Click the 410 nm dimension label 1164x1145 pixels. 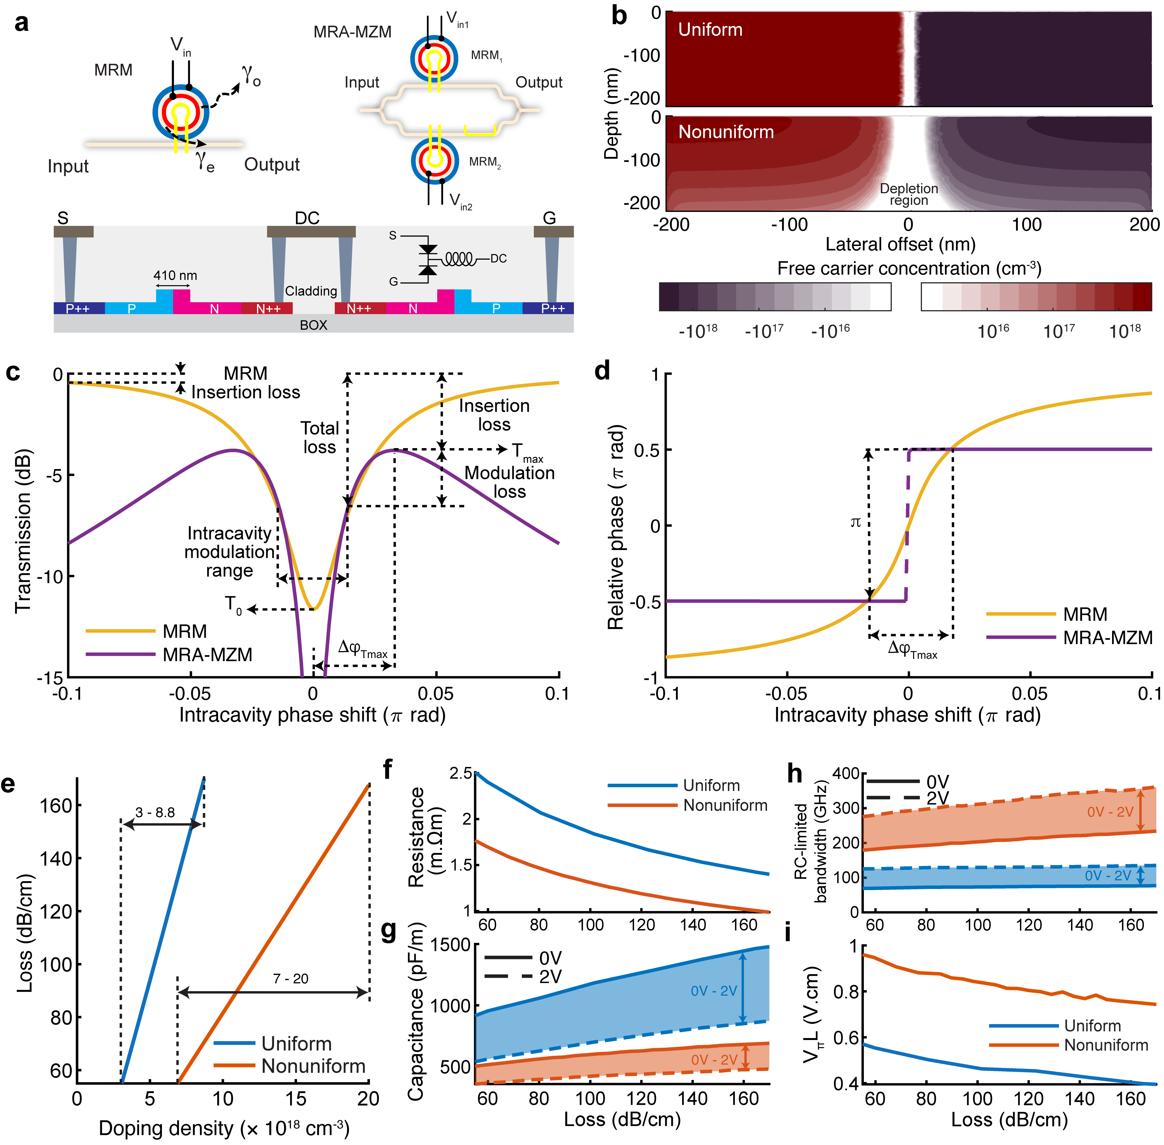[175, 275]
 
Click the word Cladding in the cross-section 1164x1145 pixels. [311, 291]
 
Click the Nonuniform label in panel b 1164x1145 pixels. [726, 132]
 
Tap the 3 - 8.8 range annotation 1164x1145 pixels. [155, 812]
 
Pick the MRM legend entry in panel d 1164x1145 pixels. [1085, 614]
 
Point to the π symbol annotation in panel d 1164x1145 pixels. [855, 522]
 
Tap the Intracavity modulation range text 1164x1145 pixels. [229, 551]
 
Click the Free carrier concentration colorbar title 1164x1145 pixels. [909, 268]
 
